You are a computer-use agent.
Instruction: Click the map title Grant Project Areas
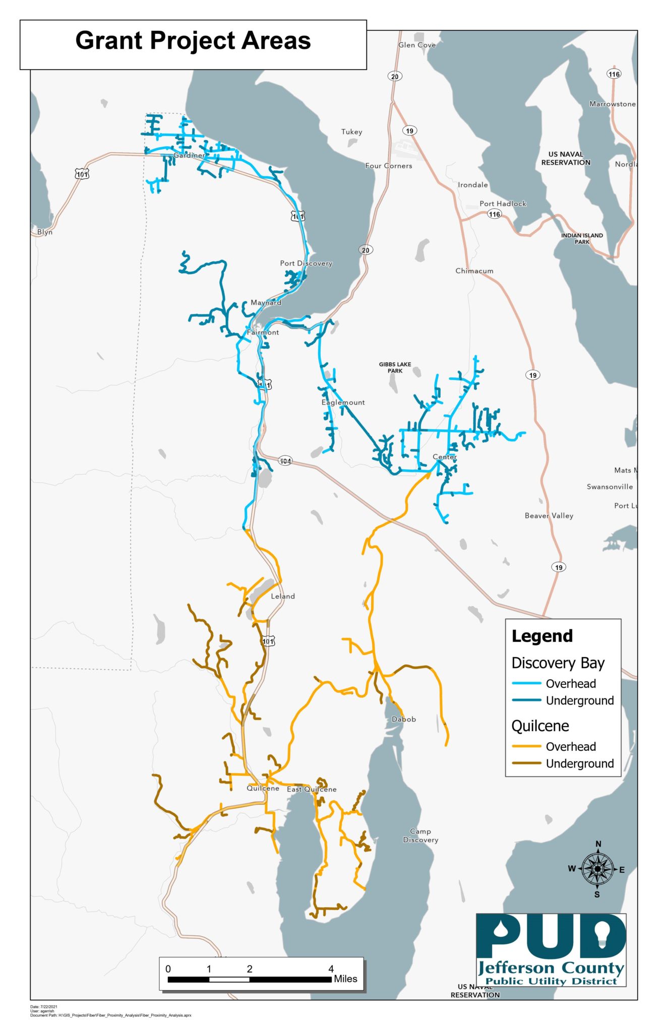(x=193, y=41)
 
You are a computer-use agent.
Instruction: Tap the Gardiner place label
(x=189, y=155)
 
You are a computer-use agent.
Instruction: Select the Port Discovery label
(x=306, y=263)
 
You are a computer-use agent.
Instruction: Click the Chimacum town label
(x=474, y=271)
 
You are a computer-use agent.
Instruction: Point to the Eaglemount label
(x=343, y=402)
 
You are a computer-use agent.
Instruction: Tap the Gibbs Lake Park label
(x=395, y=367)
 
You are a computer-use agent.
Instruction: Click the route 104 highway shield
(x=285, y=461)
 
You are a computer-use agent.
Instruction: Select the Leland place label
(x=283, y=596)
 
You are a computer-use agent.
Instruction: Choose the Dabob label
(x=403, y=719)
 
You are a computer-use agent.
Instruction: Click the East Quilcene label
(x=312, y=789)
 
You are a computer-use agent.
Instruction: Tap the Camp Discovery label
(x=420, y=835)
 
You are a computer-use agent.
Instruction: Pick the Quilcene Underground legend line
(x=526, y=763)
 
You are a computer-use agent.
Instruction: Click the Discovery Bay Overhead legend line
(x=526, y=683)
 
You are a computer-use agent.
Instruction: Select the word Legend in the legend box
(x=542, y=636)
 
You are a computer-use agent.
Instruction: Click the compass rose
(x=597, y=869)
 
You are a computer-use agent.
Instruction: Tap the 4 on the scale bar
(x=331, y=969)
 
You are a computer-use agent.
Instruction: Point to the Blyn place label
(x=44, y=232)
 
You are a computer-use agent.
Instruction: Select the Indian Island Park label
(x=582, y=238)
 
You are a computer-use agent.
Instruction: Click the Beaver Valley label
(x=549, y=515)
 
